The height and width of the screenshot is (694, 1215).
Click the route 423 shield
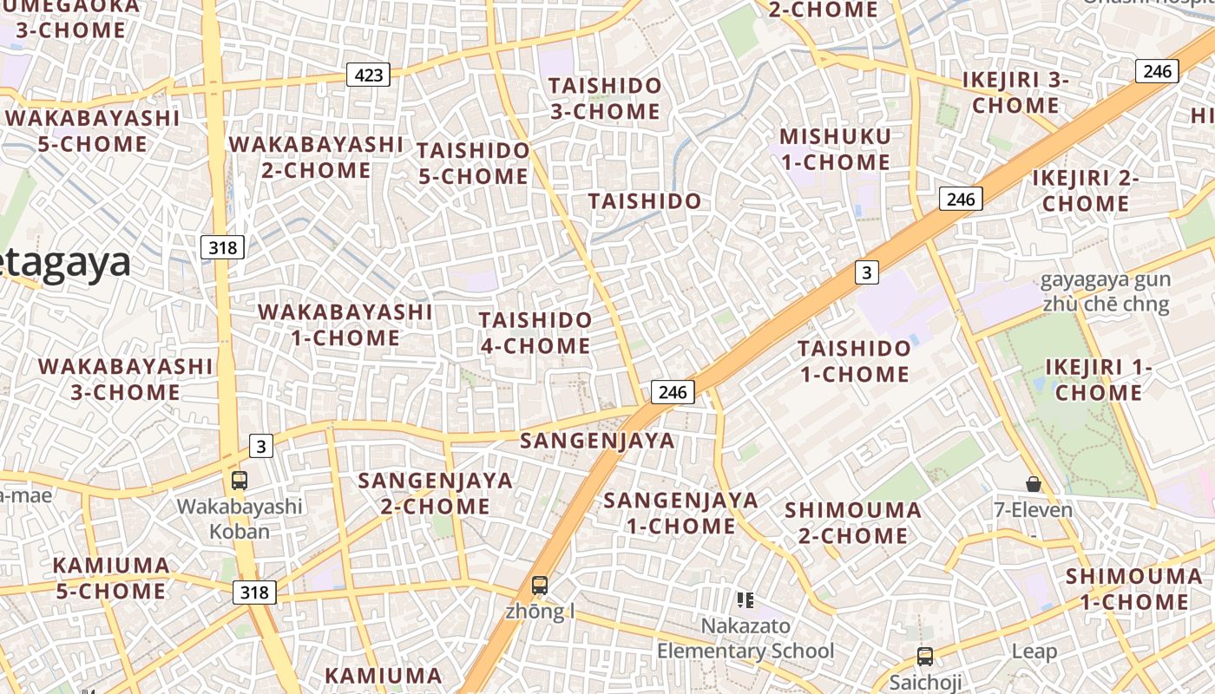point(369,75)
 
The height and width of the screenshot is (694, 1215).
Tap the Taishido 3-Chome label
point(605,99)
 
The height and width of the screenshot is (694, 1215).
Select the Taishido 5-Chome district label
point(473,163)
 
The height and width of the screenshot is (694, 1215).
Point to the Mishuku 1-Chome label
point(835,149)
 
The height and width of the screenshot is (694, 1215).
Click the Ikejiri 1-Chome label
point(1099,380)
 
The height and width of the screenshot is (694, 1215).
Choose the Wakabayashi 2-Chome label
point(316,157)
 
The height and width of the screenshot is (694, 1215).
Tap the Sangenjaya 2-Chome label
point(435,493)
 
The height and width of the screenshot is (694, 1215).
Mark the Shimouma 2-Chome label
point(853,522)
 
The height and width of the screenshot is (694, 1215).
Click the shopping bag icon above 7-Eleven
point(1033,483)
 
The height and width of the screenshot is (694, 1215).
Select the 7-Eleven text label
point(1033,509)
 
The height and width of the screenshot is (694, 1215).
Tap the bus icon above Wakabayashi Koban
point(240,480)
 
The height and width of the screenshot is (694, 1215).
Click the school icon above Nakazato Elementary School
point(745,599)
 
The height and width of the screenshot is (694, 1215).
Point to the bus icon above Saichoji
point(925,656)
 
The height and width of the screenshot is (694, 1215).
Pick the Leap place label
point(1034,651)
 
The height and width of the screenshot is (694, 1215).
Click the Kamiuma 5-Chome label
point(110,578)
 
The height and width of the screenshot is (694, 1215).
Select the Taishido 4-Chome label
point(535,333)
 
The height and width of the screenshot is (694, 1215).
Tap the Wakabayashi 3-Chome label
point(125,379)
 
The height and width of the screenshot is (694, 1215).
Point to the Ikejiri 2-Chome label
point(1086,191)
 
